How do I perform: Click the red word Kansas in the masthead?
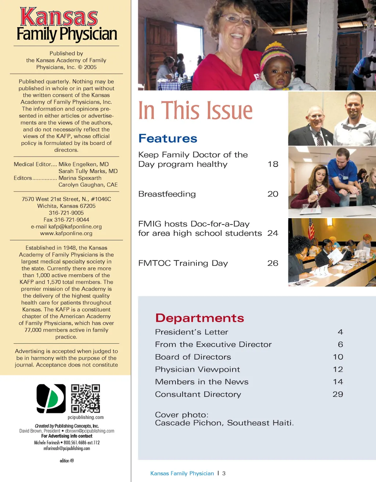tap(59, 17)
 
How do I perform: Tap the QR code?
tap(85, 398)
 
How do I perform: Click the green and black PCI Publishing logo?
tap(51, 398)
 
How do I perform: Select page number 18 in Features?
tap(273, 164)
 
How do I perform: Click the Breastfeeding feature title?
tap(167, 194)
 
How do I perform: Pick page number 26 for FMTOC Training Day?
tap(273, 263)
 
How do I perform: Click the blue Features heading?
tap(168, 139)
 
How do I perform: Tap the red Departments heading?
tap(199, 318)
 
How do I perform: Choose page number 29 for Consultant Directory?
tap(338, 394)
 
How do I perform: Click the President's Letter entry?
tap(191, 332)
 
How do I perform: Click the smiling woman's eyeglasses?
tap(237, 19)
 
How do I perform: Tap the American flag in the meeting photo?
tap(311, 229)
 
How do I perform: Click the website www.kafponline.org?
tap(66, 233)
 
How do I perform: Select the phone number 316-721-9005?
tap(66, 213)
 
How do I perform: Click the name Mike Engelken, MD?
tap(84, 164)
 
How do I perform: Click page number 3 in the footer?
tap(224, 474)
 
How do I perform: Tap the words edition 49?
tap(66, 461)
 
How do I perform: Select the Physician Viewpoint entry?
tap(197, 369)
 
